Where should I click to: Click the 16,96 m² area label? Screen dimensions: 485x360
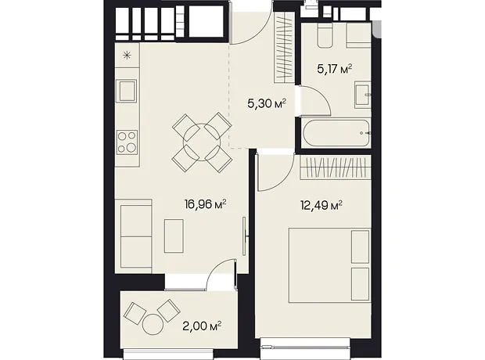(206, 204)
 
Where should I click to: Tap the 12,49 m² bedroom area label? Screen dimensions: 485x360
(322, 205)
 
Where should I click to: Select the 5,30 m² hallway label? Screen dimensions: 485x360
(266, 103)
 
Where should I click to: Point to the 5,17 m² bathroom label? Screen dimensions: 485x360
(335, 69)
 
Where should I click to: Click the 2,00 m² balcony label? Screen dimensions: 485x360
(202, 326)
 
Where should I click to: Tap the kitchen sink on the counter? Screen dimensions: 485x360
(126, 91)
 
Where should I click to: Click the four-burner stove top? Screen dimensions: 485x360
(127, 142)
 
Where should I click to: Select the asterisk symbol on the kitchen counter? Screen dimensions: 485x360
(127, 56)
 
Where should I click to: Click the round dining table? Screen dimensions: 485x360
(202, 142)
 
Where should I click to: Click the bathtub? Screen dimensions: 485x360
(336, 133)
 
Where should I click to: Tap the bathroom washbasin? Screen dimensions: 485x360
(362, 95)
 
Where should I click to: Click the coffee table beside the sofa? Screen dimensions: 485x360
(174, 236)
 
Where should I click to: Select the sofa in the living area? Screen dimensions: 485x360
(133, 236)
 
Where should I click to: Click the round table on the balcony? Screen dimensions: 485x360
(153, 324)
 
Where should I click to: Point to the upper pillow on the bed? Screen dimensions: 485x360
(361, 247)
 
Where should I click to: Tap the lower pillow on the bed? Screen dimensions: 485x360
(361, 284)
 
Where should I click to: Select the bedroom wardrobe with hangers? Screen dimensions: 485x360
(336, 167)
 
